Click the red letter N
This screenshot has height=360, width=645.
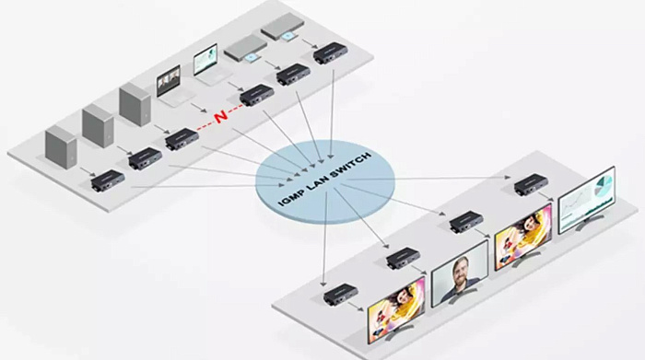tap(221, 116)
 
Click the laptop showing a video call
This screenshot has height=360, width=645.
tap(170, 86)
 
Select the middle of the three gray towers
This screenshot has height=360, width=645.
tap(98, 125)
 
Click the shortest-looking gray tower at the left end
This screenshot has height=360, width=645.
tap(61, 146)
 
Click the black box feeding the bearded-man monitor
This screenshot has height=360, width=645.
tap(404, 257)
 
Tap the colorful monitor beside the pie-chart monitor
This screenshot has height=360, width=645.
tap(523, 237)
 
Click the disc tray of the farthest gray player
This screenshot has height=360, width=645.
tap(289, 36)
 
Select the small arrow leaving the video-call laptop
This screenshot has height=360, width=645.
tap(199, 108)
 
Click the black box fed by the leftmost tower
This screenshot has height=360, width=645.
tap(108, 180)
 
